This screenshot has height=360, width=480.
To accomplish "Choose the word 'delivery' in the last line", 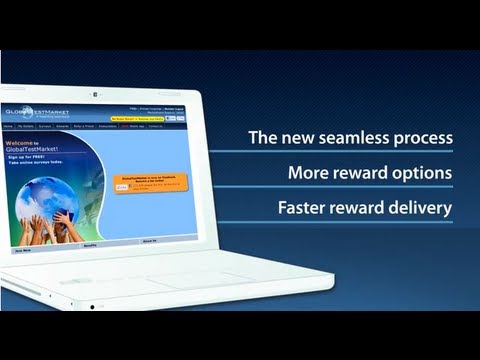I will click(x=421, y=209).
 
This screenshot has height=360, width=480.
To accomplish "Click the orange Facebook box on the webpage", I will click(x=144, y=186).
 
